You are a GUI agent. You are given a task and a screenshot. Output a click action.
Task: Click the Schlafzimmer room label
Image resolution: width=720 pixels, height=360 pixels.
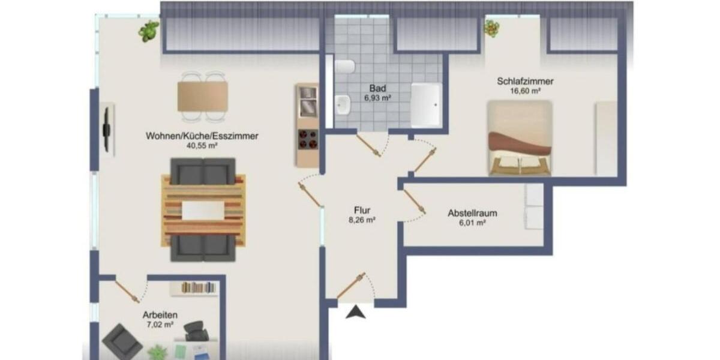tap(524, 81)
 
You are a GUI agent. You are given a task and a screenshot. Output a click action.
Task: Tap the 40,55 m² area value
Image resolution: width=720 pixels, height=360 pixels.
tap(202, 145)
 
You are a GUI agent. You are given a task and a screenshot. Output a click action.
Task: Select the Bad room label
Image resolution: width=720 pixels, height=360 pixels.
tap(377, 88)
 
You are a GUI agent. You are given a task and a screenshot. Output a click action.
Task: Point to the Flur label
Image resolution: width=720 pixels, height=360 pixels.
tap(362, 210)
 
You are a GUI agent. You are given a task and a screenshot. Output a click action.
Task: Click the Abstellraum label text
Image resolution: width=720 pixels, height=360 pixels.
tap(472, 213)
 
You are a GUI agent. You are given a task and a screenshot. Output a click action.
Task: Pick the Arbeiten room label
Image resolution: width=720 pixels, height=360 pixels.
tap(160, 315)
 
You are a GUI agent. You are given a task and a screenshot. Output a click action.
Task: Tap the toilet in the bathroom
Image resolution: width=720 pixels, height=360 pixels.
tap(346, 67)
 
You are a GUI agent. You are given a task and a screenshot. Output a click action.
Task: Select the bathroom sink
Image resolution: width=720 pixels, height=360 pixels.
tap(344, 105)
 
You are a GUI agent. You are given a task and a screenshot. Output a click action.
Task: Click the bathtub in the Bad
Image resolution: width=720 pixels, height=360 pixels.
tap(426, 105)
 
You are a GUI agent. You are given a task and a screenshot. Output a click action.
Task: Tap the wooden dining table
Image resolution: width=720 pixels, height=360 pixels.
tap(203, 96)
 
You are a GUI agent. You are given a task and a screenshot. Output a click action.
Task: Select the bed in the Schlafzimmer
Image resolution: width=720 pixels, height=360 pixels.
tap(520, 139)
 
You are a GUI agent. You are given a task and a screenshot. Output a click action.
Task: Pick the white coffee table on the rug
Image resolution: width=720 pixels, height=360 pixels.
tap(203, 211)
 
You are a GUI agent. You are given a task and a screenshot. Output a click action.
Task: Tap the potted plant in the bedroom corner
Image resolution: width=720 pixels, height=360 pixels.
tap(492, 28)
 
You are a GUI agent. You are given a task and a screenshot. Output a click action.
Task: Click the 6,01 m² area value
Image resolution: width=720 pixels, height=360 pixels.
tap(472, 223)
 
